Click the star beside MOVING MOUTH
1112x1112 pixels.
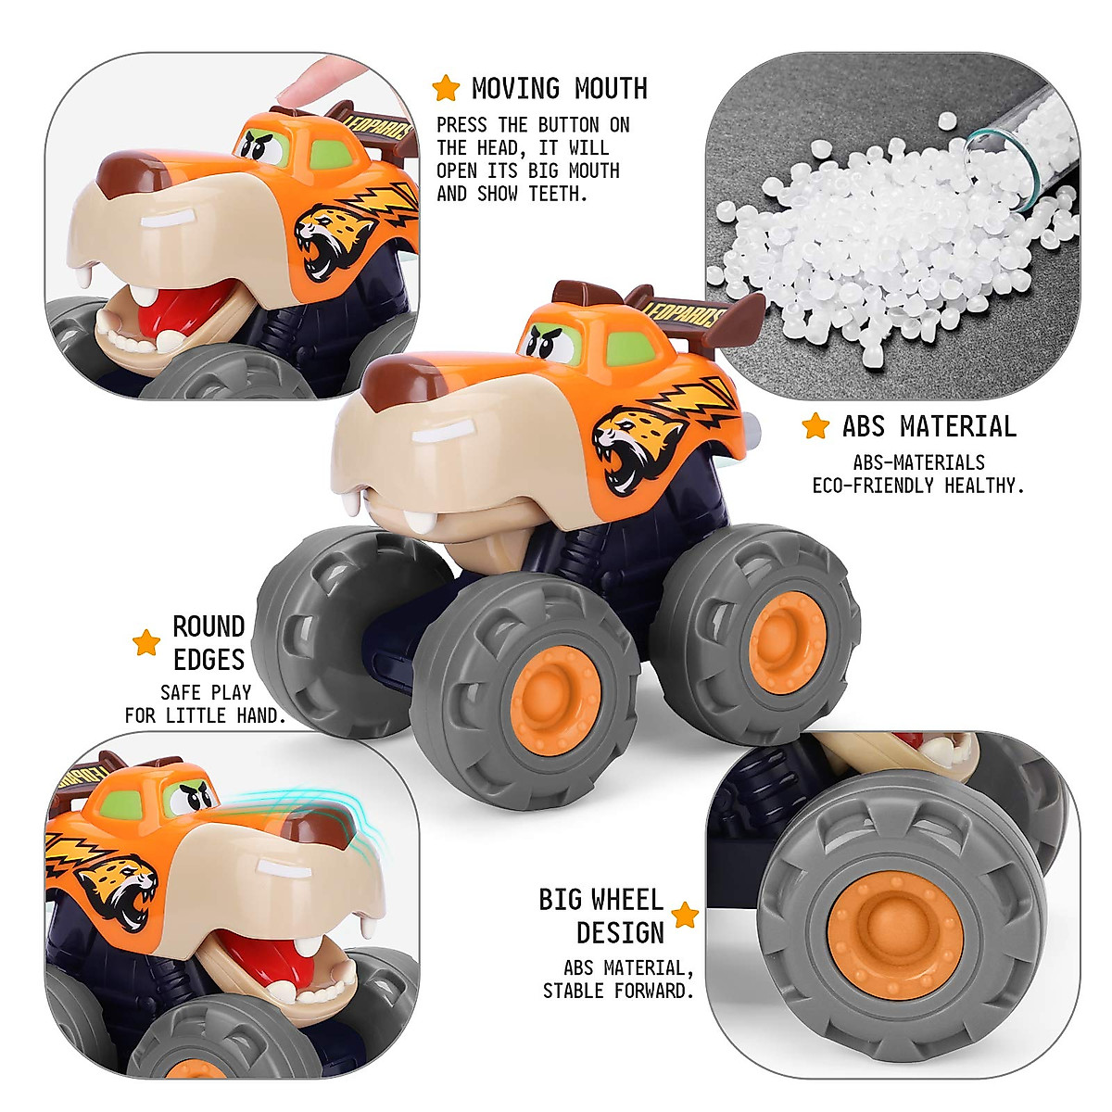[446, 88]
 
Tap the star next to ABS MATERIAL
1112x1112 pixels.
[815, 426]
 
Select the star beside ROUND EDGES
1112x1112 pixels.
[146, 642]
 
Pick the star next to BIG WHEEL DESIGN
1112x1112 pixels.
[685, 916]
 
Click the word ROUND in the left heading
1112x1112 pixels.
[208, 627]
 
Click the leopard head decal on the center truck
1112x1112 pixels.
[635, 445]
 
